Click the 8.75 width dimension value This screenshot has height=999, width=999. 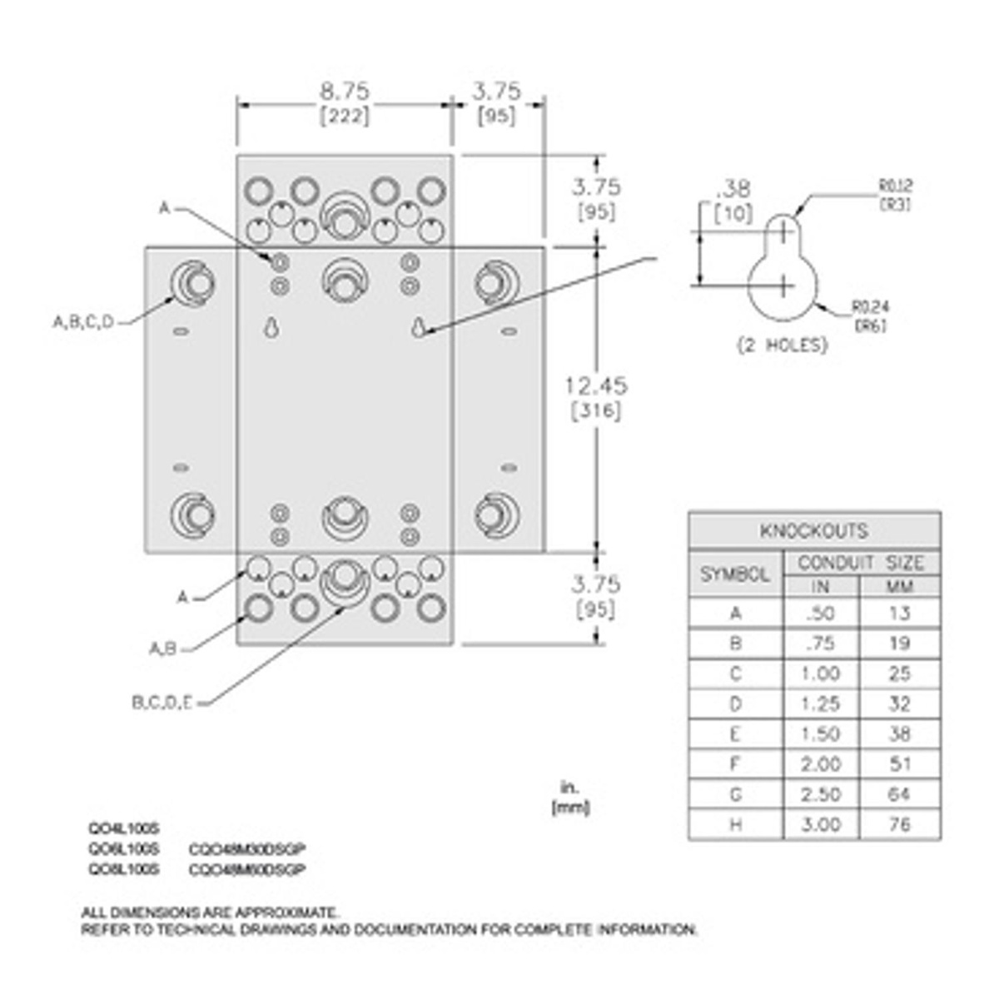[x=345, y=90]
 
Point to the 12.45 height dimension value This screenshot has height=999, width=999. [x=596, y=386]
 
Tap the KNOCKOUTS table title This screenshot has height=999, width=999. [x=813, y=531]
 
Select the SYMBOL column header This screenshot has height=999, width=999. [x=735, y=574]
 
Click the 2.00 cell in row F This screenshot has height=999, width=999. [x=820, y=764]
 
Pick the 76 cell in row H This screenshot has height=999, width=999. [x=900, y=824]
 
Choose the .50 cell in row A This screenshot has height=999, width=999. [x=820, y=614]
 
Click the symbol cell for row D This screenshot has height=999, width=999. [x=735, y=704]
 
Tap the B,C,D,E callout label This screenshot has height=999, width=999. [x=162, y=703]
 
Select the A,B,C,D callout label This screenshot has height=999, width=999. [x=83, y=322]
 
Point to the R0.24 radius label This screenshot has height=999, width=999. [x=870, y=307]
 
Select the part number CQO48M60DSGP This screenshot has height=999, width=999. [x=247, y=869]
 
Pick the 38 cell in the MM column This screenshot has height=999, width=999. [x=900, y=734]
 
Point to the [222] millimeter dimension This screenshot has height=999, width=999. [x=345, y=117]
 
